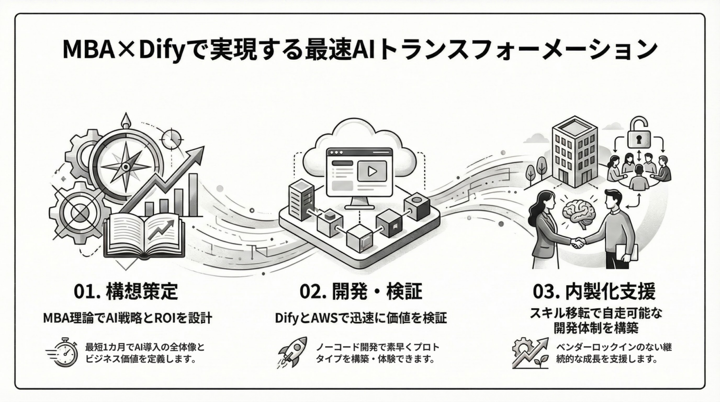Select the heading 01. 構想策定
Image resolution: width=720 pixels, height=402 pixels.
126,291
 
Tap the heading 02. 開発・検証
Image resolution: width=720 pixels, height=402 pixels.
360,291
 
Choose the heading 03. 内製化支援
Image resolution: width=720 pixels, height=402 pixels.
594,291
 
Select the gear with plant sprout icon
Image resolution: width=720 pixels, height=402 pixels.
530,353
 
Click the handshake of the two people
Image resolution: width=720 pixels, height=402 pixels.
578,243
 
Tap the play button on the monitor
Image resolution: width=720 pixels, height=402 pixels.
372,171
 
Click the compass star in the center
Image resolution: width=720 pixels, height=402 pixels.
125,166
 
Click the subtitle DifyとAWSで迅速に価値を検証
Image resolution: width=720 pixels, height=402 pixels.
360,318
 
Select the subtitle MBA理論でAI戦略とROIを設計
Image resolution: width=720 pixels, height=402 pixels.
127,318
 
